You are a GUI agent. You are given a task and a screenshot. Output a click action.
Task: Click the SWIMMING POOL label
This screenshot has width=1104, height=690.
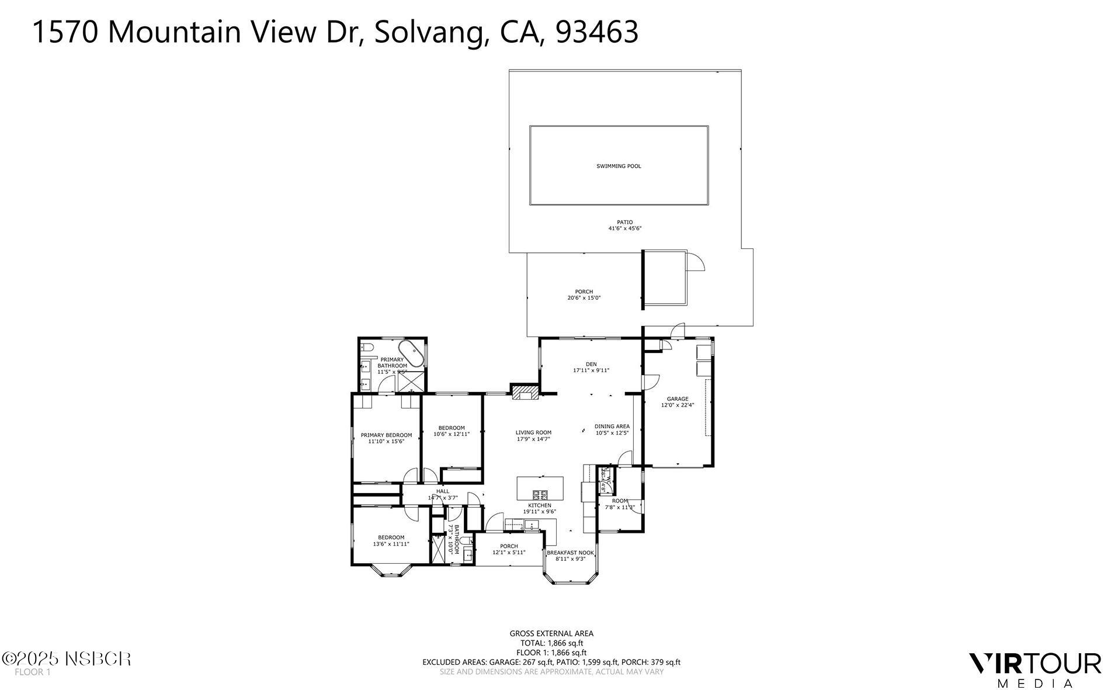(x=618, y=166)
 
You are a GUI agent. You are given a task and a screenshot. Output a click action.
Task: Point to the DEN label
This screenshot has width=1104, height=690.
(x=591, y=364)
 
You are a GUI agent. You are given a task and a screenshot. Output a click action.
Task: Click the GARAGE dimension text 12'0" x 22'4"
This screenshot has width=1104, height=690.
(x=678, y=405)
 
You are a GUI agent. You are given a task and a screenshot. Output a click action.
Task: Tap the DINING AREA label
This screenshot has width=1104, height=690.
(x=612, y=426)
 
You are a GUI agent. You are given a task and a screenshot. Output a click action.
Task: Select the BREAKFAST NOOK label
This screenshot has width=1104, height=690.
(x=570, y=552)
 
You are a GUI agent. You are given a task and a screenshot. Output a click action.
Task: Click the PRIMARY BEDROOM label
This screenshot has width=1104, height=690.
(x=386, y=435)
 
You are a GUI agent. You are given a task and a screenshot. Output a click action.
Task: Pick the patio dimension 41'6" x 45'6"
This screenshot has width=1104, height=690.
(x=624, y=228)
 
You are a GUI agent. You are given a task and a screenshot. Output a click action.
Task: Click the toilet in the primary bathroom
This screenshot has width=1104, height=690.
(x=366, y=348)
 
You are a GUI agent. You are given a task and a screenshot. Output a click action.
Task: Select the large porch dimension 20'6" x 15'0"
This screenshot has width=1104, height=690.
(x=584, y=298)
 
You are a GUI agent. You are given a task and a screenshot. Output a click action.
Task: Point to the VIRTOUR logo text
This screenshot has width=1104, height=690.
(x=1034, y=664)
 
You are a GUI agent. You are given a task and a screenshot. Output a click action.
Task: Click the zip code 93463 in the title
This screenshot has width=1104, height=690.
(x=596, y=32)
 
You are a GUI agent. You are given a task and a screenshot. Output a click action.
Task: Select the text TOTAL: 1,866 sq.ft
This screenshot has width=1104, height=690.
(x=551, y=643)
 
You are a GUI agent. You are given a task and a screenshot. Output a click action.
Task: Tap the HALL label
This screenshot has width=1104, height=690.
(x=443, y=491)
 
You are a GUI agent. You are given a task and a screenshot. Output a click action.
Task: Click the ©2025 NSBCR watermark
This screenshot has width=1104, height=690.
(x=66, y=659)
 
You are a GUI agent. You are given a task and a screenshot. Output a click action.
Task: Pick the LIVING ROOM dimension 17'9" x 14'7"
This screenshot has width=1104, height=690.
(x=533, y=439)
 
